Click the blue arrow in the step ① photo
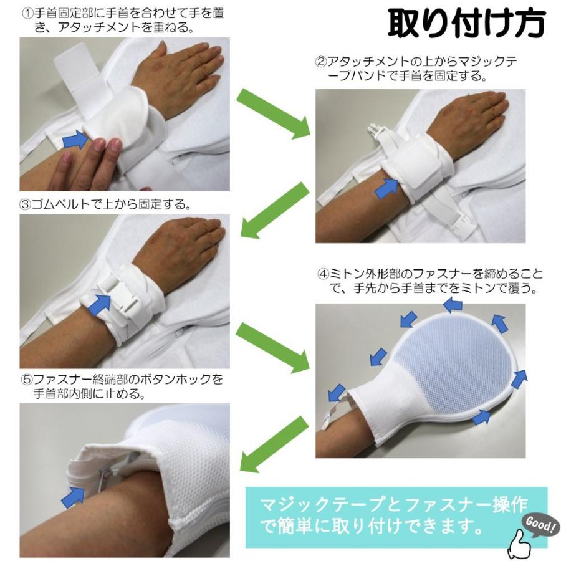coord(76,140)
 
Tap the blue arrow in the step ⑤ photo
coord(74,496)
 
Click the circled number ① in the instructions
coord(27,12)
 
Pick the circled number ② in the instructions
coord(321,62)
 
